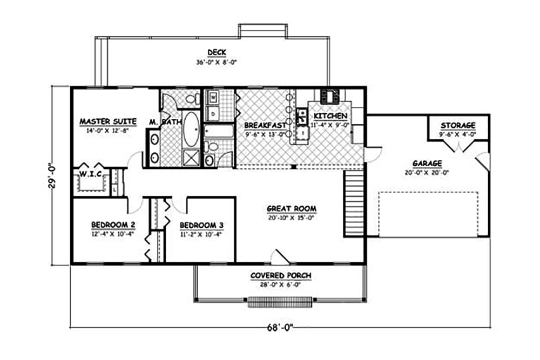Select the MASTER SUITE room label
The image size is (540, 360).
tap(107, 121)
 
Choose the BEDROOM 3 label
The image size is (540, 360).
tap(201, 225)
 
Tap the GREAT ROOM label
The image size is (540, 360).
tap(292, 208)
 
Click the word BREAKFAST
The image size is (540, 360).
tap(261, 125)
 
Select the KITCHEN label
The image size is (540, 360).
tap(330, 117)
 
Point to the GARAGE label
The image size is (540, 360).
tap(427, 163)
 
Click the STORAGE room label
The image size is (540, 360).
tap(457, 125)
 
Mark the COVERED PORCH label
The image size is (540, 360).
tap(280, 276)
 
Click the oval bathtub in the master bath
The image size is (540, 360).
tap(190, 128)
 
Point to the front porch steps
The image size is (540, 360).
tap(280, 302)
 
